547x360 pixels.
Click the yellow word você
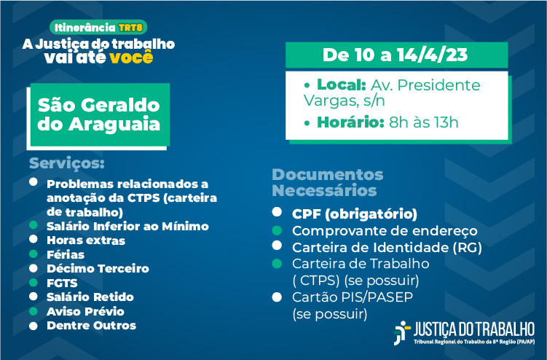coord(131,58)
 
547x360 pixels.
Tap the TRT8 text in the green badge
coord(130,28)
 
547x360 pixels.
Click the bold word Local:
coord(341,85)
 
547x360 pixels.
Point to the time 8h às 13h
coord(423,122)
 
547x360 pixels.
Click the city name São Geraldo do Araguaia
coord(99,114)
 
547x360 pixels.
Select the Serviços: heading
coord(66,163)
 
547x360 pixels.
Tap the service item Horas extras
coord(86,240)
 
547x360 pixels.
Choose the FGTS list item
coord(62,283)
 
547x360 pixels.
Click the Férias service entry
coord(66,254)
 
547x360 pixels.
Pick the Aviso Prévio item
coord(85,311)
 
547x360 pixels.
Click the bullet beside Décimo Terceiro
coord(34,268)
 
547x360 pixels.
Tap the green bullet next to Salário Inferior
coord(34,225)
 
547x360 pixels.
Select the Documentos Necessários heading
coord(328,182)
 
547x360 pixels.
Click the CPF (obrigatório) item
coord(355,214)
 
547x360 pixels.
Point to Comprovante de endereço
coord(385,230)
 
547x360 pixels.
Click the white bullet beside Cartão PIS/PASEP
coord(277,297)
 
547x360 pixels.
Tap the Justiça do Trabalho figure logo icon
coord(402,333)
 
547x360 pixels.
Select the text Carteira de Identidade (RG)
coord(387,247)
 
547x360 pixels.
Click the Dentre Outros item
coord(91,326)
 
